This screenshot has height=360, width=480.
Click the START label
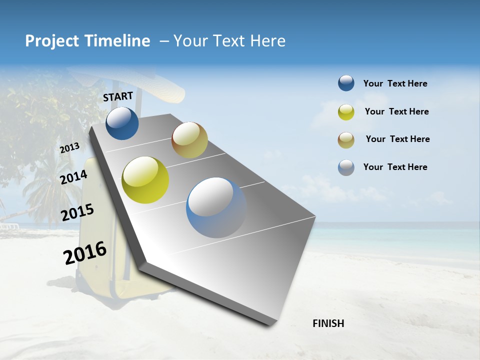click(x=118, y=96)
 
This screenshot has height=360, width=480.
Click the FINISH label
click(x=328, y=323)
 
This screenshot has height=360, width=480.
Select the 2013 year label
click(x=69, y=148)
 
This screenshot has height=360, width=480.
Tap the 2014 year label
click(x=73, y=177)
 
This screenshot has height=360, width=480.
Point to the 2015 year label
click(x=77, y=212)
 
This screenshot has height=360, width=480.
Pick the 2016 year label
click(x=85, y=252)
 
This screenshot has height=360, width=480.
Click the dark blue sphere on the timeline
click(x=122, y=123)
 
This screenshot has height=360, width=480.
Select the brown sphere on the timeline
click(x=189, y=140)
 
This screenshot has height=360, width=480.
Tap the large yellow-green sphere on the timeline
click(x=145, y=180)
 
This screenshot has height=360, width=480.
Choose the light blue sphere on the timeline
click(x=216, y=207)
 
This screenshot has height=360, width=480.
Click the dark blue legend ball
click(x=346, y=83)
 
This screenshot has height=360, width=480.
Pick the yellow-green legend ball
click(x=346, y=112)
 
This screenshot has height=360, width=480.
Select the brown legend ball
click(x=346, y=140)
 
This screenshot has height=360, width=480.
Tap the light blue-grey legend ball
click(x=346, y=167)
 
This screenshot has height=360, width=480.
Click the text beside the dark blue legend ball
click(x=395, y=84)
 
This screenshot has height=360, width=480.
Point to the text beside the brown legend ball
click(x=397, y=139)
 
